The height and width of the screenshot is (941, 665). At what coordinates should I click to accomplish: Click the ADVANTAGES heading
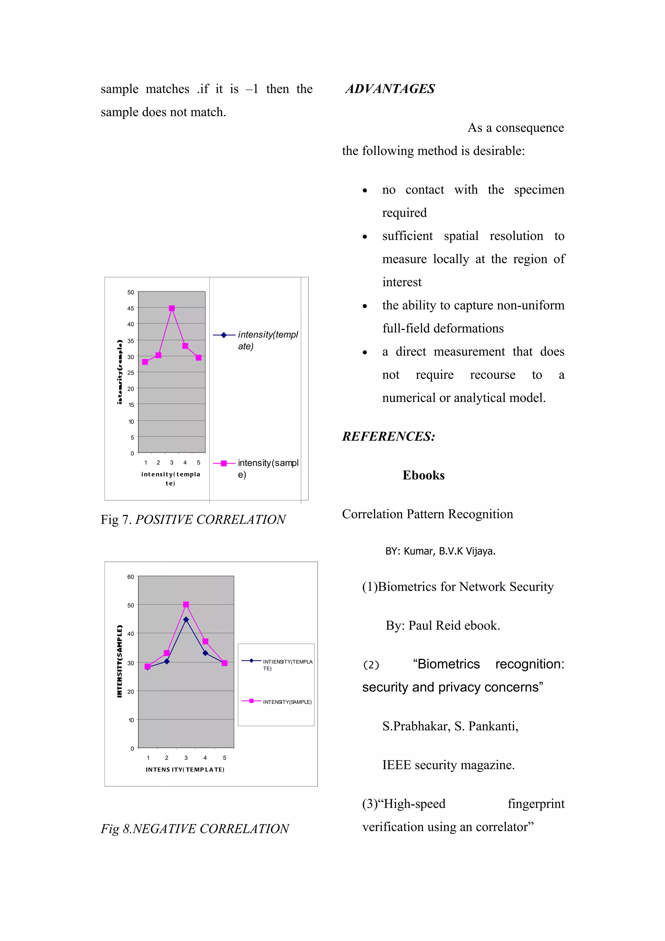click(390, 89)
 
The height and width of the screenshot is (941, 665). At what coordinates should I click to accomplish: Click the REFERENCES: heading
click(388, 436)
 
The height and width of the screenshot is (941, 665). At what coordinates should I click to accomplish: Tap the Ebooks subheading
click(423, 475)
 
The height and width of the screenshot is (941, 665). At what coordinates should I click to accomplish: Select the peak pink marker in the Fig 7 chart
click(172, 308)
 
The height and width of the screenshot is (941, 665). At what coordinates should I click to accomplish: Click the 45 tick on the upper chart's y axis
click(130, 308)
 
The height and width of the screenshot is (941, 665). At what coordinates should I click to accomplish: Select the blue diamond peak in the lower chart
click(186, 620)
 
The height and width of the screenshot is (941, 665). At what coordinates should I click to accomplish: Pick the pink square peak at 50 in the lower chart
click(186, 605)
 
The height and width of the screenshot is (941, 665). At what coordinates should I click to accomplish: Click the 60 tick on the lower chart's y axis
click(130, 577)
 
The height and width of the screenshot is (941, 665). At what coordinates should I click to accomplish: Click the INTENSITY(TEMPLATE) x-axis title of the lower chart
click(185, 770)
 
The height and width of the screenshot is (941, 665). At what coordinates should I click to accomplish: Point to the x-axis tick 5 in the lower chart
click(224, 758)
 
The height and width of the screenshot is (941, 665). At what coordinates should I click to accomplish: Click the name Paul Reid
click(435, 625)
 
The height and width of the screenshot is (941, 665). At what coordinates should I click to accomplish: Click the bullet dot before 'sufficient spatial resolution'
click(365, 237)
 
